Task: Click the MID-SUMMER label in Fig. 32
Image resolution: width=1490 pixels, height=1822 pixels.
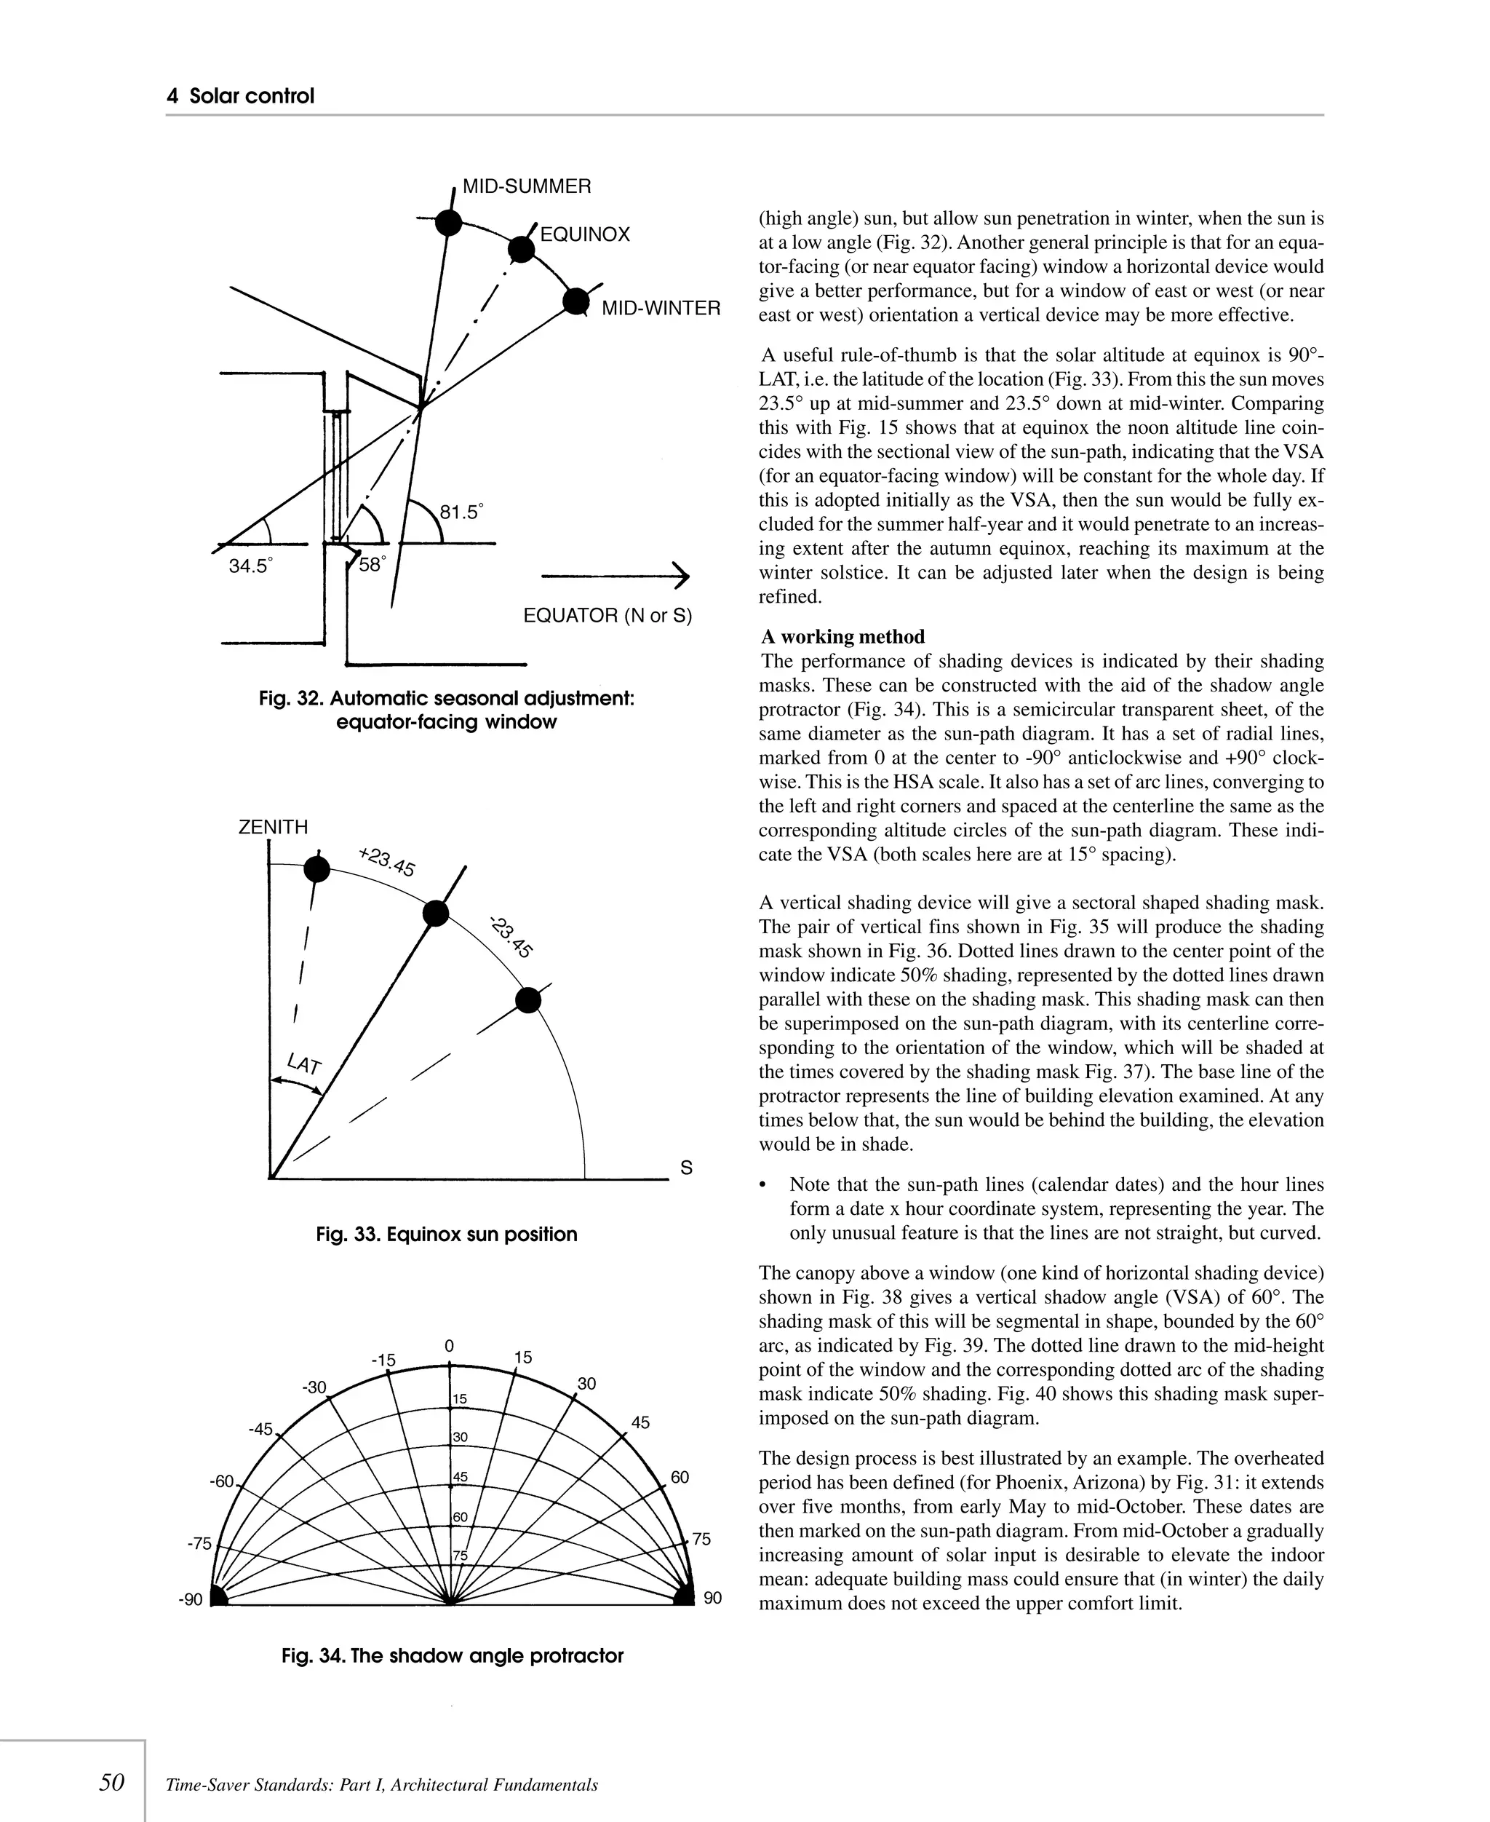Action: pyautogui.click(x=526, y=186)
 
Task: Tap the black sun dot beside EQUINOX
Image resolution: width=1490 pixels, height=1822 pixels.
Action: pyautogui.click(x=521, y=249)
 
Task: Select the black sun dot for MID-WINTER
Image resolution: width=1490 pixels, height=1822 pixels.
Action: pyautogui.click(x=576, y=302)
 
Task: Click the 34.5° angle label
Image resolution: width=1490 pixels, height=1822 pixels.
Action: pyautogui.click(x=250, y=567)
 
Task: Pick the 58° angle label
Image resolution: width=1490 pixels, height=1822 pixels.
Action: pyautogui.click(x=372, y=565)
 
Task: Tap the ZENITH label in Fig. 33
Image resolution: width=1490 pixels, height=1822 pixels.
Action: pyautogui.click(x=273, y=827)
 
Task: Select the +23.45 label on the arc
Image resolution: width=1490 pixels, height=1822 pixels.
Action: pyautogui.click(x=387, y=862)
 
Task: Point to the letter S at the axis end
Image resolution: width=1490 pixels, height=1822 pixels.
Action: pyautogui.click(x=686, y=1168)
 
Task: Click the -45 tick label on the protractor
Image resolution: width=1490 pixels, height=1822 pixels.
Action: pyautogui.click(x=260, y=1430)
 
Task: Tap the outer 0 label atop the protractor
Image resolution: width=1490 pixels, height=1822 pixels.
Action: pyautogui.click(x=449, y=1347)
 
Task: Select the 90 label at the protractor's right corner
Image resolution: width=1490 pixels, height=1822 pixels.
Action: pyautogui.click(x=712, y=1598)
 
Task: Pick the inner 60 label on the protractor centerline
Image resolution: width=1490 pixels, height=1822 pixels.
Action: pyautogui.click(x=460, y=1517)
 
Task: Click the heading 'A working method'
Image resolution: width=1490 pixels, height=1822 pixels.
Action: pyautogui.click(x=842, y=636)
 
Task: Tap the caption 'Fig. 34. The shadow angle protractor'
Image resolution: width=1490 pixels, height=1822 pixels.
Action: pyautogui.click(x=453, y=1655)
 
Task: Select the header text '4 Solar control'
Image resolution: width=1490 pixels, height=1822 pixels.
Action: pyautogui.click(x=240, y=96)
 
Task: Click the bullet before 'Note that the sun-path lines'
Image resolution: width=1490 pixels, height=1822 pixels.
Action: pyautogui.click(x=764, y=1185)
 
